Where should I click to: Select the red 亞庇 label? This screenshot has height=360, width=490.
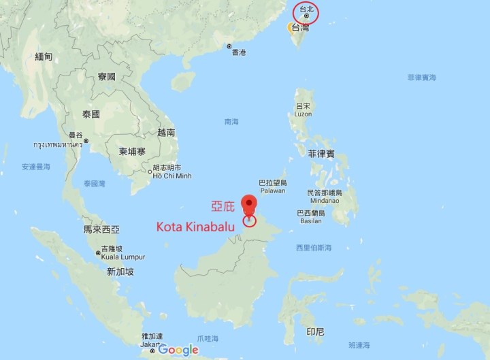(x=223, y=205)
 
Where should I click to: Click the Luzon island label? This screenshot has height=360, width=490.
(x=304, y=110)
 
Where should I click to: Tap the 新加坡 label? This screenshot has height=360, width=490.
(x=120, y=272)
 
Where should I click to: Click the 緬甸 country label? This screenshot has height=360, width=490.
(x=44, y=56)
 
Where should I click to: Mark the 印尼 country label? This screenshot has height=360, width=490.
(x=315, y=331)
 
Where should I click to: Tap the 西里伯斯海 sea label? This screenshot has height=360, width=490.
(x=314, y=247)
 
